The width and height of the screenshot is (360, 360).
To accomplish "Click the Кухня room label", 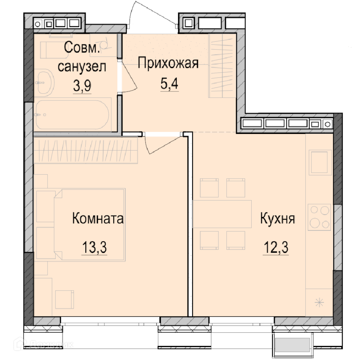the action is pyautogui.click(x=277, y=219).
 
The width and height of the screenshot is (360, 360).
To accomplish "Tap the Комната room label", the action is pyautogui.click(x=98, y=218).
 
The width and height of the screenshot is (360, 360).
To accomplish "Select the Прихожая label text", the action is pyautogui.click(x=168, y=63).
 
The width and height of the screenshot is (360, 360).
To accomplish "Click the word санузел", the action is pyautogui.click(x=82, y=67).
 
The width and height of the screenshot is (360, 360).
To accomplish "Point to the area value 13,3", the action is pyautogui.click(x=94, y=247).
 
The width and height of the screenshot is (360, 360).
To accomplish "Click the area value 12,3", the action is pyautogui.click(x=276, y=247).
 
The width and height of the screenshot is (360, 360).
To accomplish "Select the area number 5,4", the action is pyautogui.click(x=169, y=84).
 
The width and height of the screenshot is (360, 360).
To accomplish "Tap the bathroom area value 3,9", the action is pyautogui.click(x=82, y=86).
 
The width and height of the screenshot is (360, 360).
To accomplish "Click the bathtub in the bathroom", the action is pyautogui.click(x=73, y=114).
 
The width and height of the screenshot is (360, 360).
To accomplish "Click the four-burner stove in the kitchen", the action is pyautogui.click(x=319, y=217).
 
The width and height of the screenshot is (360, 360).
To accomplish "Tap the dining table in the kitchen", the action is pyautogui.click(x=222, y=214).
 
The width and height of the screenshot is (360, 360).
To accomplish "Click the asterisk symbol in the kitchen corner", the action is pyautogui.click(x=319, y=303).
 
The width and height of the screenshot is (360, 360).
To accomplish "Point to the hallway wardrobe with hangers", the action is pyautogui.click(x=222, y=66).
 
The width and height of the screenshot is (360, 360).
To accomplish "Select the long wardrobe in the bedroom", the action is pyautogui.click(x=86, y=150).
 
